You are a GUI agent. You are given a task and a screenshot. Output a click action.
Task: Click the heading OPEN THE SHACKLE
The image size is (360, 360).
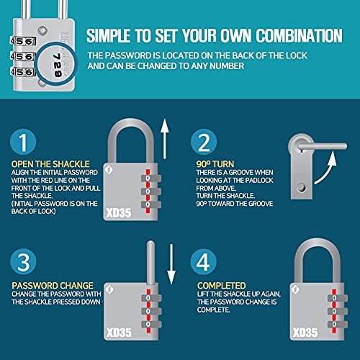click(41, 163)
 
